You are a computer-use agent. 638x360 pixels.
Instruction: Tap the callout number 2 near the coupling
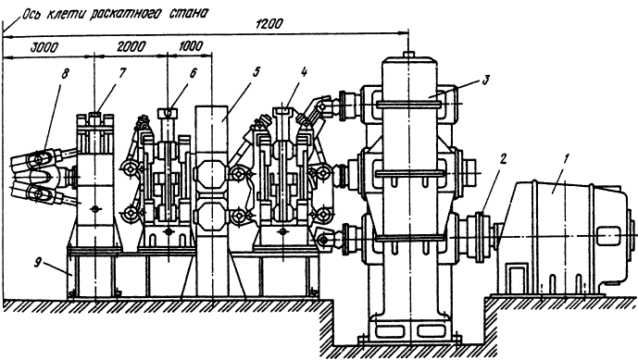pyautogui.click(x=504, y=159)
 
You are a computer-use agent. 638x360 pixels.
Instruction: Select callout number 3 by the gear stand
pyautogui.click(x=484, y=81)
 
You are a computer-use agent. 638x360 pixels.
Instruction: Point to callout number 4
pyautogui.click(x=304, y=73)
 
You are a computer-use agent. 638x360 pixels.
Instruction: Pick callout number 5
pyautogui.click(x=256, y=73)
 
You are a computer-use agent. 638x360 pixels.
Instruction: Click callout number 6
pyautogui.click(x=193, y=73)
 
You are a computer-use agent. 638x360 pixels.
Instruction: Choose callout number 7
pyautogui.click(x=122, y=73)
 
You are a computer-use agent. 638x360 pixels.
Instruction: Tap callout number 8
pyautogui.click(x=65, y=73)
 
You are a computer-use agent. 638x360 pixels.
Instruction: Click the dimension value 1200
pyautogui.click(x=269, y=24)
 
